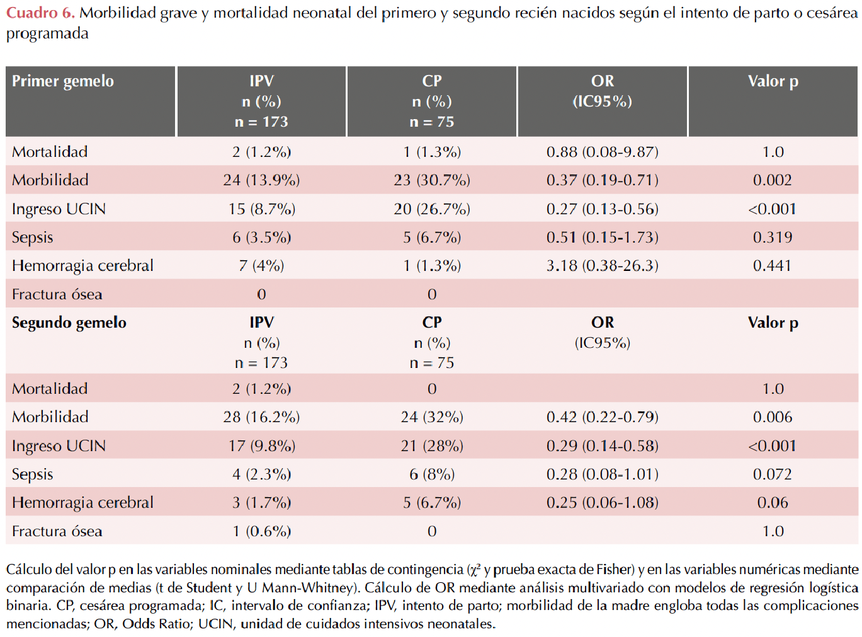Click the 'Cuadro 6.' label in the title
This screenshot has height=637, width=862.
click(x=40, y=13)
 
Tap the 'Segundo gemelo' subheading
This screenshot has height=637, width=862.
click(x=69, y=323)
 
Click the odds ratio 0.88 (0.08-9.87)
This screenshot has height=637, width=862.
click(x=602, y=152)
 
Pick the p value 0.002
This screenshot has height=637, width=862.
click(x=772, y=180)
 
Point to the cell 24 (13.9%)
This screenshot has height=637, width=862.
click(x=261, y=180)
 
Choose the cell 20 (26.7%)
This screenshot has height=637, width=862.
click(x=431, y=209)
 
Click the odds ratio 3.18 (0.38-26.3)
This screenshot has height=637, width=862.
click(x=602, y=266)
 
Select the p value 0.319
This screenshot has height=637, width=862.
click(x=772, y=238)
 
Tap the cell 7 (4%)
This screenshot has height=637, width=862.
click(x=261, y=266)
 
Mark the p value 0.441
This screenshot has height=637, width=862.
click(x=772, y=266)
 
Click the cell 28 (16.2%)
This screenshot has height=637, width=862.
click(x=261, y=417)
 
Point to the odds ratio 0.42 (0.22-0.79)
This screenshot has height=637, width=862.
click(x=602, y=417)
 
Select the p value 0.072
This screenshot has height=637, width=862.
click(x=772, y=474)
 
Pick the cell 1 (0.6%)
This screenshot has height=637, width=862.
click(x=261, y=531)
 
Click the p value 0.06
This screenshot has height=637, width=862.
click(x=772, y=502)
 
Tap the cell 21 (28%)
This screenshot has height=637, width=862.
click(x=431, y=445)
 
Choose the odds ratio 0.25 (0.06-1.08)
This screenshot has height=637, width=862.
click(x=602, y=502)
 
